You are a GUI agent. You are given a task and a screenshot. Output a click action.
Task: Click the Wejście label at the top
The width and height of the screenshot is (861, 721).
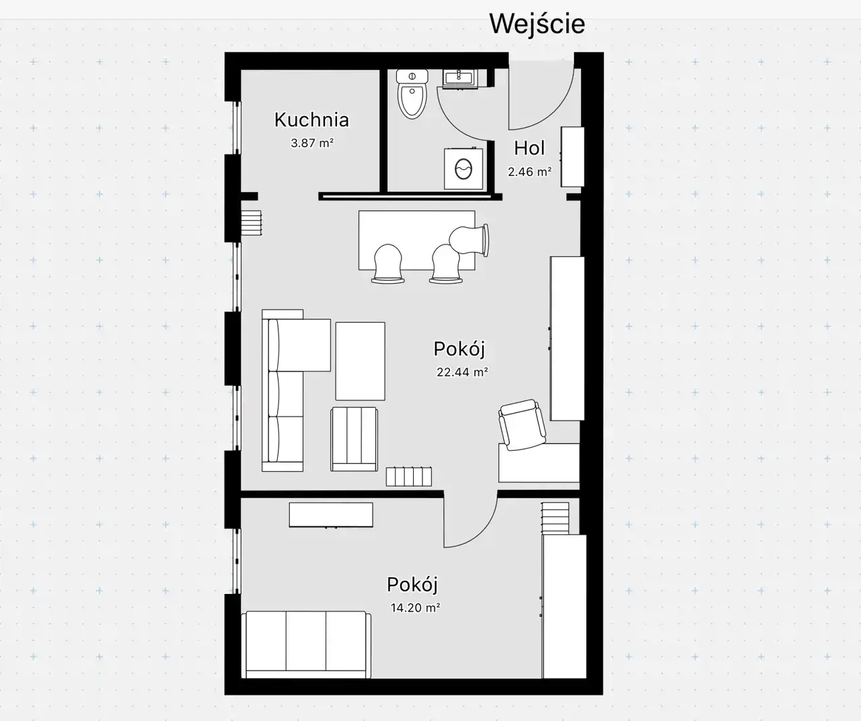(x=537, y=24)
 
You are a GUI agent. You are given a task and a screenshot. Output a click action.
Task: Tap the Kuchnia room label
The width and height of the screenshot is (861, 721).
(x=311, y=120)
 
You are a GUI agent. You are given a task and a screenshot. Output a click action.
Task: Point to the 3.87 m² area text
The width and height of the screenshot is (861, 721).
(x=312, y=143)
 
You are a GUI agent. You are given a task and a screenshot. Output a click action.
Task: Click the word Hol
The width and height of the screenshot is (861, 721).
(x=529, y=148)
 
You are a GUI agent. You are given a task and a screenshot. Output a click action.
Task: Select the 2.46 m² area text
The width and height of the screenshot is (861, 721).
(x=529, y=171)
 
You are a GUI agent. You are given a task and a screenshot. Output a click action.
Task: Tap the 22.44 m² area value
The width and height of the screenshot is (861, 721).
(x=462, y=372)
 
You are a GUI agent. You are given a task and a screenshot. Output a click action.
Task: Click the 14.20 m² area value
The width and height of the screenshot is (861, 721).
(x=415, y=607)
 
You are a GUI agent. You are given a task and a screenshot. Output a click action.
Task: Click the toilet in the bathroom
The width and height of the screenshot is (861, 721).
(x=412, y=94)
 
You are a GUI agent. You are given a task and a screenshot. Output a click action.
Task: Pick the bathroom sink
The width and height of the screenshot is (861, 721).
(x=460, y=79)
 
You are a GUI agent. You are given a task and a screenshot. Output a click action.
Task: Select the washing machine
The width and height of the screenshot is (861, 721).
(x=463, y=169)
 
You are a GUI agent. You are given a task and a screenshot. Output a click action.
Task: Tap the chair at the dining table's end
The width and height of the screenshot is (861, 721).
(x=470, y=241)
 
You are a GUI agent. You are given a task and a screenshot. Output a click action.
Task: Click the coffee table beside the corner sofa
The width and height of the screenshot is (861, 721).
(x=360, y=361)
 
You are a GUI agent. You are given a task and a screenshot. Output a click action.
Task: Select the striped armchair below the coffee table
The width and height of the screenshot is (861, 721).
(x=354, y=439)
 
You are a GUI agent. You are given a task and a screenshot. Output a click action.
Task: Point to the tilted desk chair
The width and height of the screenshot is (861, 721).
(x=522, y=425)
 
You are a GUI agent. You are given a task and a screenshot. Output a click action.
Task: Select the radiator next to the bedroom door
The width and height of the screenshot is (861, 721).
(x=409, y=476)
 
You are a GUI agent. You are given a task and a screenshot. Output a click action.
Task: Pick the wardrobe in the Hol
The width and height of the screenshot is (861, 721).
(x=572, y=157)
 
